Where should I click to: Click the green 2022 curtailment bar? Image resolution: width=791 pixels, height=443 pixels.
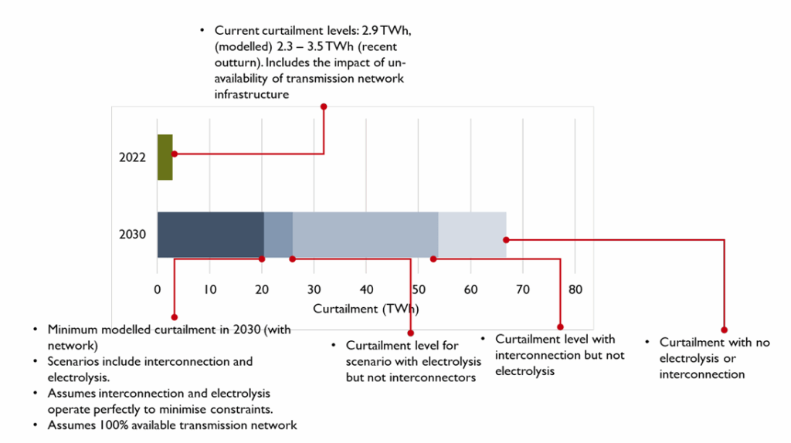pos(165,157)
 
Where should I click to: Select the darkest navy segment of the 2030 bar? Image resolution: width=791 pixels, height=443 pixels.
pos(210,234)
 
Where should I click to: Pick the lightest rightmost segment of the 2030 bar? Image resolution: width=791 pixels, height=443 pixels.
pos(472,234)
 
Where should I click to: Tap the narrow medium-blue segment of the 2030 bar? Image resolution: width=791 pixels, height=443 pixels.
pos(278,234)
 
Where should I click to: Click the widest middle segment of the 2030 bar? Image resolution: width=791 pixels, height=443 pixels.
pos(365,234)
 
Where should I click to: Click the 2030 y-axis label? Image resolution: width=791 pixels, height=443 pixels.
pos(132,235)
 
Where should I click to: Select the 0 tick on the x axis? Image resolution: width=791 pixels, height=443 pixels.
pos(158,290)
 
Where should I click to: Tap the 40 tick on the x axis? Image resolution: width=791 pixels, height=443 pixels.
pos(366,290)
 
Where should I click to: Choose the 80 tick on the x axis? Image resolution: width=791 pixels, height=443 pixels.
pos(575,290)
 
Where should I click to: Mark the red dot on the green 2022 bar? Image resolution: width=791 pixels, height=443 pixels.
pos(175,154)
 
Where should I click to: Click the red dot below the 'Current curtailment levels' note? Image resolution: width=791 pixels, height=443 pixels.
pos(324,107)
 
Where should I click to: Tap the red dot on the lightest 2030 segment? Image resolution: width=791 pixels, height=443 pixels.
pos(506,239)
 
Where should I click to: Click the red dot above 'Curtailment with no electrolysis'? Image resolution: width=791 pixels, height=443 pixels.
pos(724,330)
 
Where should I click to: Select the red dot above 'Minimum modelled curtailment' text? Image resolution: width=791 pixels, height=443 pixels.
pos(175,317)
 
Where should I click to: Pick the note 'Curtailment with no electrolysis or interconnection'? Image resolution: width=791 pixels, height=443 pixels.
pos(714,358)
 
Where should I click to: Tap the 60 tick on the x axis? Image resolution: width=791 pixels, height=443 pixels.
pos(470,290)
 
